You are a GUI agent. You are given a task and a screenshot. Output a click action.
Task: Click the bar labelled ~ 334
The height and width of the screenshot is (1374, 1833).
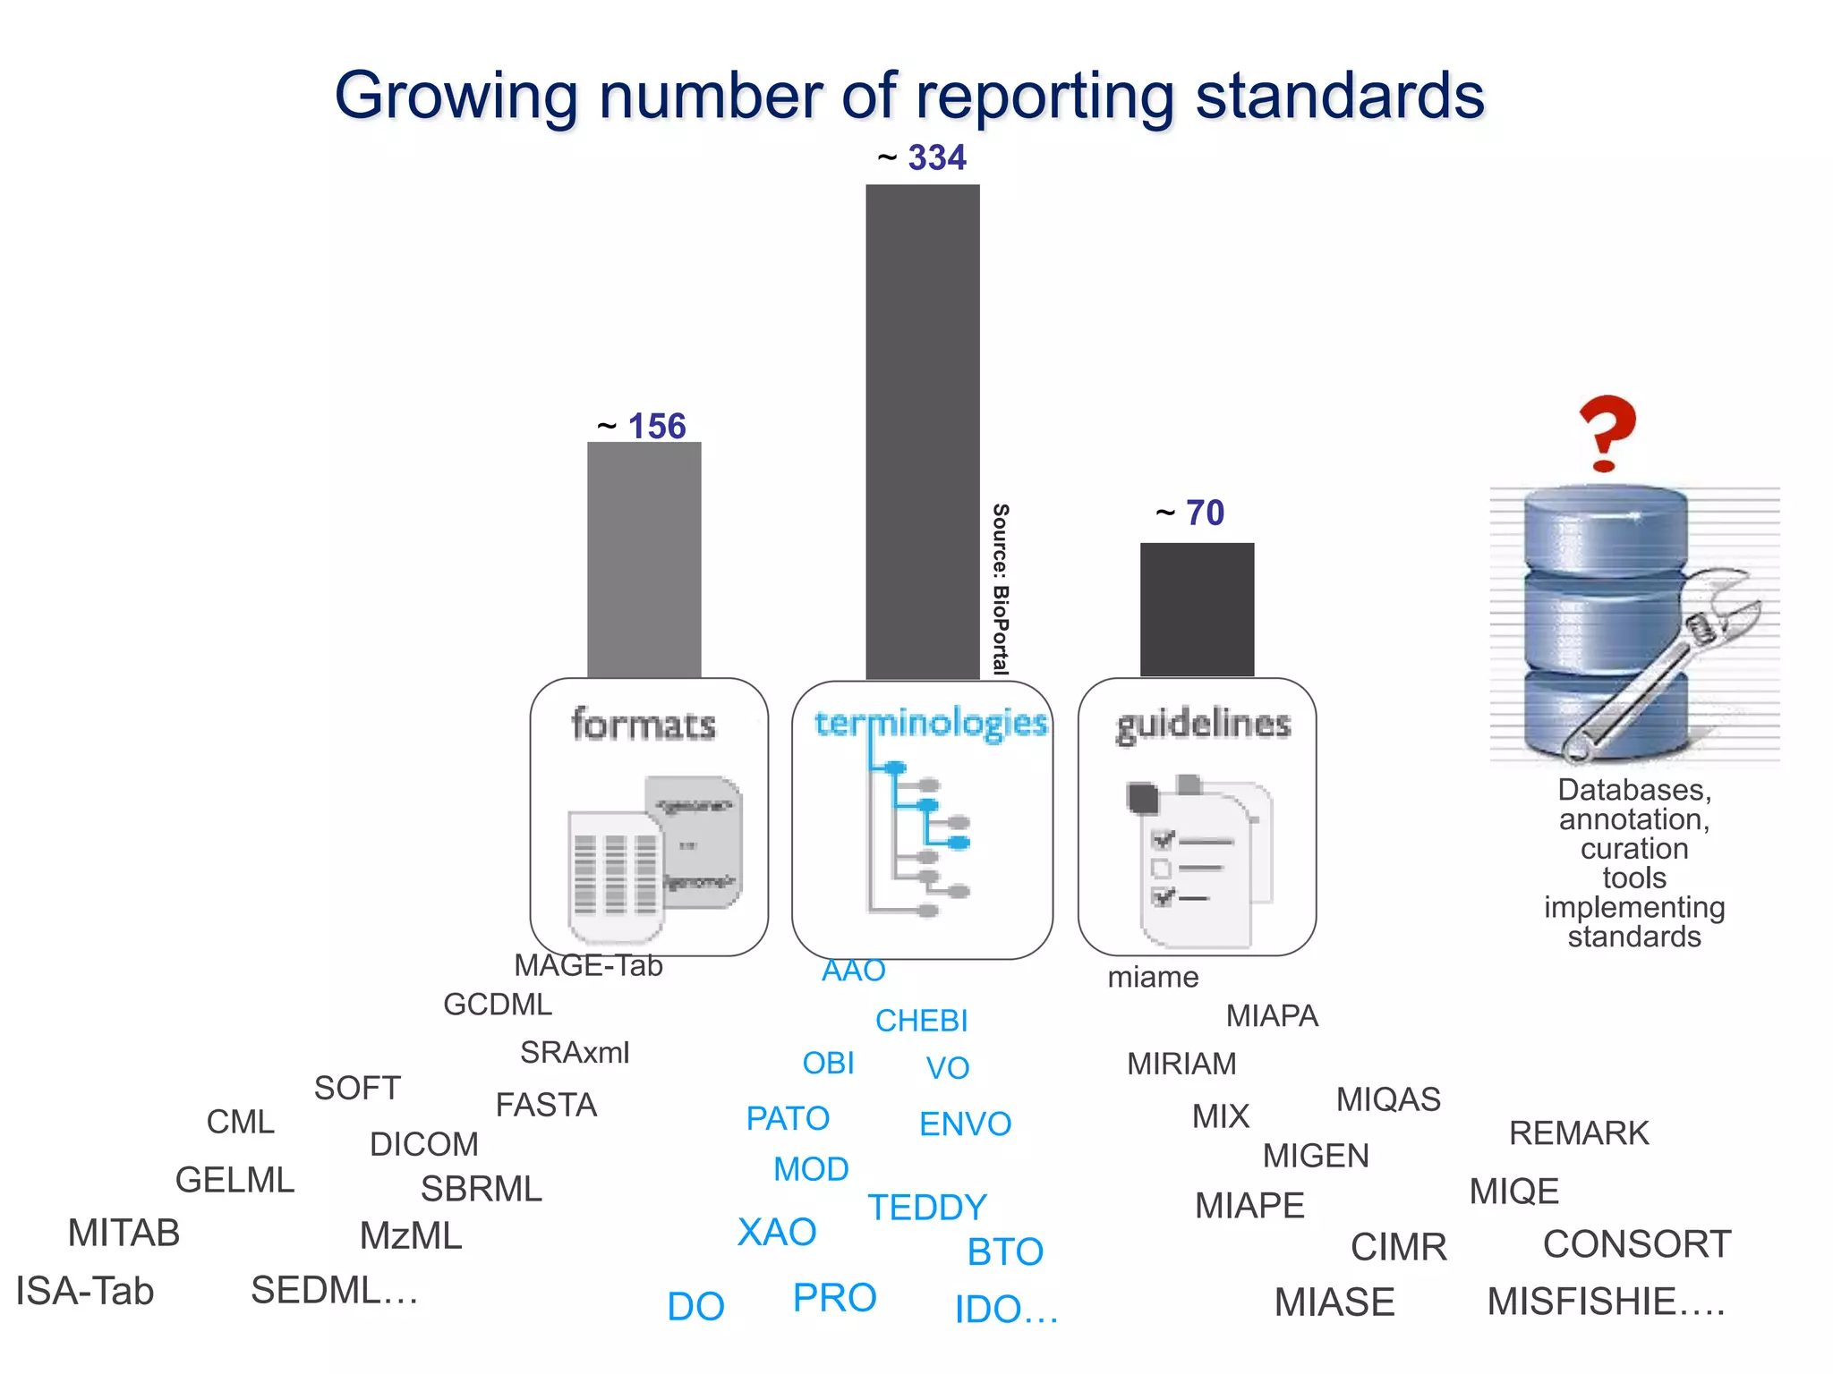(922, 429)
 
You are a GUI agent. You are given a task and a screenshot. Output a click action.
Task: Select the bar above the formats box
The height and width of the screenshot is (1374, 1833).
(644, 559)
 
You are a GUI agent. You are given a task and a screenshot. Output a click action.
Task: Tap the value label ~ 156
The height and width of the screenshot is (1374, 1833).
(643, 426)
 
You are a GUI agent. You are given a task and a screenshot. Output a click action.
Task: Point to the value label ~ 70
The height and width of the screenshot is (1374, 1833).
(1190, 513)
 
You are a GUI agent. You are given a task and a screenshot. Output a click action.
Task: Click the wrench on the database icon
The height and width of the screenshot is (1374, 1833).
(1665, 662)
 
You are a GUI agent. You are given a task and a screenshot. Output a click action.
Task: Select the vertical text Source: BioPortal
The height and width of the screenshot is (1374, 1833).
(1001, 589)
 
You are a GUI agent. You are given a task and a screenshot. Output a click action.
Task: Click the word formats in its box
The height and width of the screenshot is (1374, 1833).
(644, 725)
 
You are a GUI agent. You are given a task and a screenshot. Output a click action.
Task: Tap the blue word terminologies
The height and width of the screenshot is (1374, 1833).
(931, 723)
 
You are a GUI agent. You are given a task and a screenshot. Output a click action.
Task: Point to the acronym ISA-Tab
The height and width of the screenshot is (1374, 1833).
(85, 1291)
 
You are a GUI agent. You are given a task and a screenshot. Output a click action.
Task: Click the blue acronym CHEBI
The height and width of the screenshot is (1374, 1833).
(921, 1021)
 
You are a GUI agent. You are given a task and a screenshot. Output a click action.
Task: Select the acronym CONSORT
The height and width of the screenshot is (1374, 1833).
(1636, 1244)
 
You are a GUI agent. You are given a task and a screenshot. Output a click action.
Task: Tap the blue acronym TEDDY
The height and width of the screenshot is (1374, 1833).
(926, 1208)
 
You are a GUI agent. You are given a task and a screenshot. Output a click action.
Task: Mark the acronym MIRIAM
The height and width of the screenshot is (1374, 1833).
(1181, 1064)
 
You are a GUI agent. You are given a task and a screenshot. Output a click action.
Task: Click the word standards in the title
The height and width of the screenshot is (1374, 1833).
(1340, 96)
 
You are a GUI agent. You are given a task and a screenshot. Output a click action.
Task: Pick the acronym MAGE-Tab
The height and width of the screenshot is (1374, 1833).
(588, 966)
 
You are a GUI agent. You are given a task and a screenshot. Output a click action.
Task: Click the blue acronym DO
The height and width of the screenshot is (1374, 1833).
(695, 1307)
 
